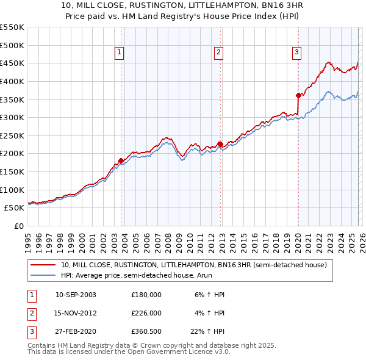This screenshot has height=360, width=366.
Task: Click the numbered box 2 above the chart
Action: tap(218, 53)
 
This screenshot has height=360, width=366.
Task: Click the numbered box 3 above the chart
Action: tap(296, 53)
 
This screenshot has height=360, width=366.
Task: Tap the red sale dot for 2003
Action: tap(121, 160)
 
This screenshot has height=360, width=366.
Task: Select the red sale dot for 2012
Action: tap(220, 144)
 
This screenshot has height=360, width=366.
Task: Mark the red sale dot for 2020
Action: tap(298, 95)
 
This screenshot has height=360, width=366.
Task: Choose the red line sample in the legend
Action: tap(43, 265)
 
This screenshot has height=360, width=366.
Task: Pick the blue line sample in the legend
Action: tap(43, 276)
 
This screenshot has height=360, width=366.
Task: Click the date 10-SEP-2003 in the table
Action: tap(76, 295)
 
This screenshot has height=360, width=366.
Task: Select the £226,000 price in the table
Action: tap(146, 313)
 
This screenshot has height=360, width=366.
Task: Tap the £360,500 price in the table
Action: tap(146, 331)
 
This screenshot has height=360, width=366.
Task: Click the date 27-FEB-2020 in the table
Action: tap(76, 331)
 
